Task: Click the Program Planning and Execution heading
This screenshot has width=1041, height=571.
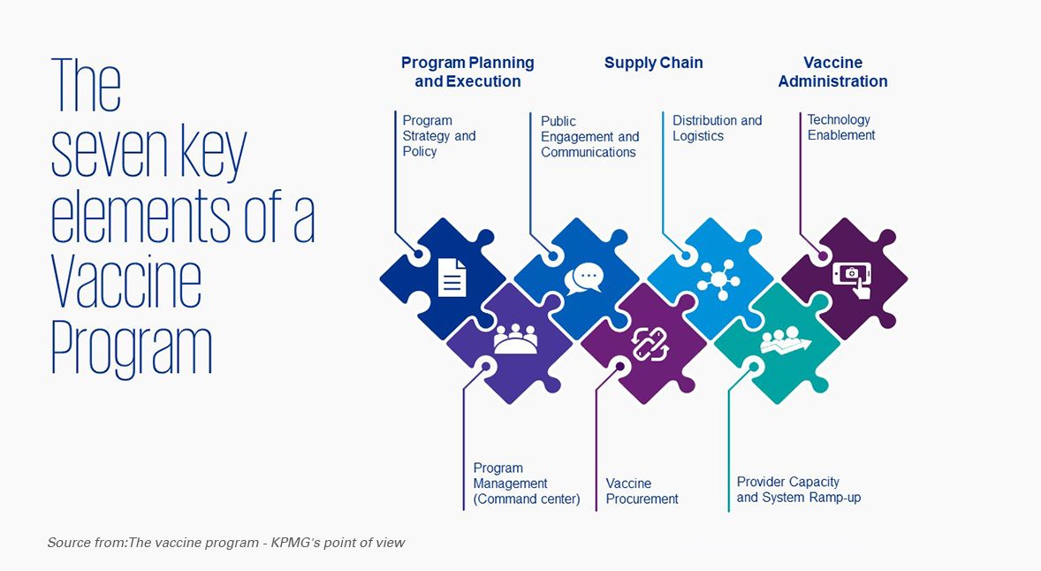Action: pyautogui.click(x=467, y=72)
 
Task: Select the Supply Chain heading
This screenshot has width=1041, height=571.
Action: pyautogui.click(x=653, y=63)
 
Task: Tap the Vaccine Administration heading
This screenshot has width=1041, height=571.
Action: pyautogui.click(x=832, y=72)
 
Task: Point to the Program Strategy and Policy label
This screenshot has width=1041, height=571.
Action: pyautogui.click(x=438, y=135)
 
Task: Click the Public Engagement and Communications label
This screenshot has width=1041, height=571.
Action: pyautogui.click(x=589, y=136)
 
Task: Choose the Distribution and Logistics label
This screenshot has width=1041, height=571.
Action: pyautogui.click(x=717, y=128)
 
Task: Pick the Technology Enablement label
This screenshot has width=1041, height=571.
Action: pyautogui.click(x=840, y=127)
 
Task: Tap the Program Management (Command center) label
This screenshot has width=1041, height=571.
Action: pyautogui.click(x=526, y=483)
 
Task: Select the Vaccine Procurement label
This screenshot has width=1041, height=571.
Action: pyautogui.click(x=642, y=491)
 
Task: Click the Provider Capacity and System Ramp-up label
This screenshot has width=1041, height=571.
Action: pyautogui.click(x=798, y=490)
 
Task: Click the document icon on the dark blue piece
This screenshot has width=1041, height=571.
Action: pyautogui.click(x=452, y=277)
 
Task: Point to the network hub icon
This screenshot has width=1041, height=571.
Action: pyautogui.click(x=718, y=278)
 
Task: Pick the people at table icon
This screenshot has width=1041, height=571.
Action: pyautogui.click(x=515, y=339)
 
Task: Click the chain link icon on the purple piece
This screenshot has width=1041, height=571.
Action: pyautogui.click(x=649, y=343)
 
